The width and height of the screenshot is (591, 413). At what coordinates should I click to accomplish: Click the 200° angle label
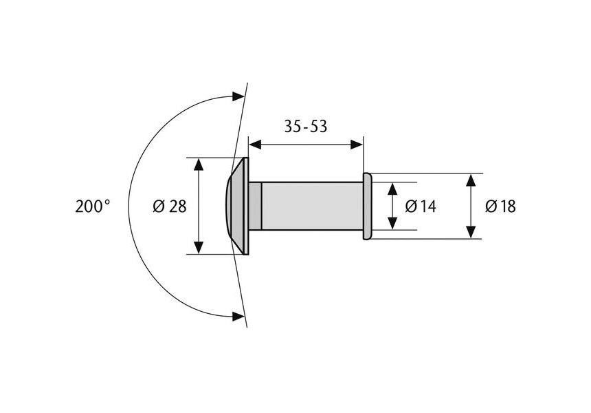coord(93,206)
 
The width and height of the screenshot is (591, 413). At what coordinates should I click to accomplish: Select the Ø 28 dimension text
coord(170,206)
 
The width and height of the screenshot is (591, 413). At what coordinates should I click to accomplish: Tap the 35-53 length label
coord(306,127)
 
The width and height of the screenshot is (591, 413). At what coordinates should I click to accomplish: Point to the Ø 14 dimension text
coord(421,206)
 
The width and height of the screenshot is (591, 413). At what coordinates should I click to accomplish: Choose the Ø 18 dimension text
coord(500,206)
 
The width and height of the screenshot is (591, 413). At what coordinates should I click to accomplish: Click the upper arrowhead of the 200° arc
coord(238,96)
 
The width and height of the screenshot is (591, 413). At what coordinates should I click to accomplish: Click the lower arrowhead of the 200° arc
coord(238,317)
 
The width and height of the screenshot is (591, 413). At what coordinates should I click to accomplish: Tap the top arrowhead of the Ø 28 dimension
coord(199,165)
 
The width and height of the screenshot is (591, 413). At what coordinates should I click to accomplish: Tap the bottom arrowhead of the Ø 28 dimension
coord(199,247)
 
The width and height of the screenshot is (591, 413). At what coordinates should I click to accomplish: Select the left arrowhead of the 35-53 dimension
coord(256,145)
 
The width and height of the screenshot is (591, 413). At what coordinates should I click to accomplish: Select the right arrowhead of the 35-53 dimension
coord(357,145)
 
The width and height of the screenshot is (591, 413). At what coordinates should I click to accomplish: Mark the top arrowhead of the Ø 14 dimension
coord(393,189)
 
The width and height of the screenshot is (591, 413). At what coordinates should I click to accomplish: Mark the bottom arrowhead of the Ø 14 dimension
coord(393,223)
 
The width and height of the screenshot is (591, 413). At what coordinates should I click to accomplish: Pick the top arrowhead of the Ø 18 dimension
coord(470,180)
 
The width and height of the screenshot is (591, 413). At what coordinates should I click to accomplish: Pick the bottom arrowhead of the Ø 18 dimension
coord(470,232)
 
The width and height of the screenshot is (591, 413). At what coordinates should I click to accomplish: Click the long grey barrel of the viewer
coord(312,206)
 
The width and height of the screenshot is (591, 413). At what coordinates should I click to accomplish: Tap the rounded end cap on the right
coord(368,206)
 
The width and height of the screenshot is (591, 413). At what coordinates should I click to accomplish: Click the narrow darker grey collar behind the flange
coord(255,206)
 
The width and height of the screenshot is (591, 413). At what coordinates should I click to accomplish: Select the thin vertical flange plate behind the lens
coord(246,206)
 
